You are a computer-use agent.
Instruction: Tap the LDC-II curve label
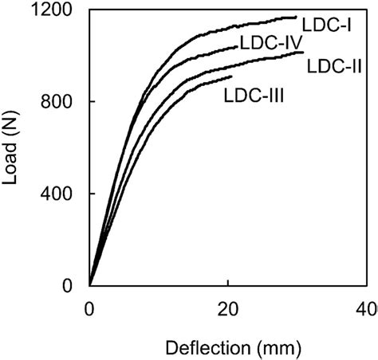(336, 66)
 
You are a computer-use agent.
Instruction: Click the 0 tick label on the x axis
(89, 308)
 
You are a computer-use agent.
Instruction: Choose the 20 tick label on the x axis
(227, 308)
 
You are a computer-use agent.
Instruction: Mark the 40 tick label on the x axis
(365, 308)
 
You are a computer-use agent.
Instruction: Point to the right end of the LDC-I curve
(296, 17)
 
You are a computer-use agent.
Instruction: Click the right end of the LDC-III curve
(231, 76)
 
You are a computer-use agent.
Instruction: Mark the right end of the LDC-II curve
(303, 53)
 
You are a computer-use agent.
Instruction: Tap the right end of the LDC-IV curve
(237, 47)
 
